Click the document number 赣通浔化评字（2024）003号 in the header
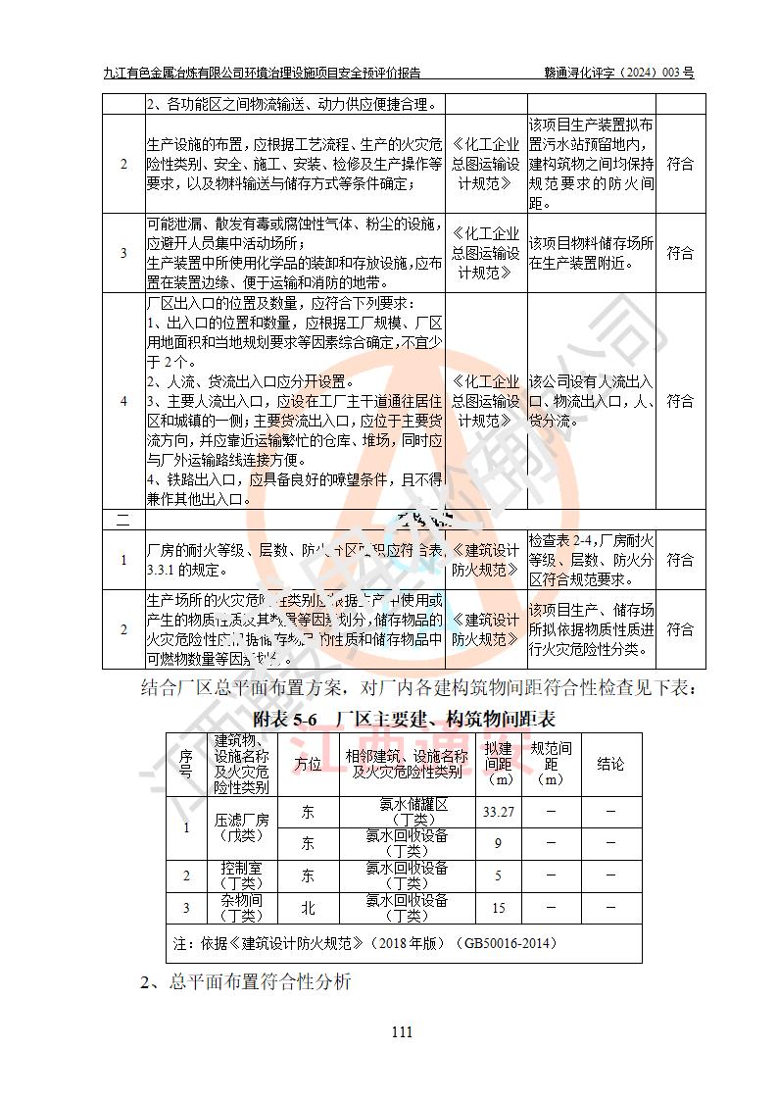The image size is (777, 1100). point(619,73)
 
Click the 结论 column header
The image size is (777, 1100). point(609,764)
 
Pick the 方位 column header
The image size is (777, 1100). point(308,764)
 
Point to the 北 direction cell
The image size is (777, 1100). point(308,908)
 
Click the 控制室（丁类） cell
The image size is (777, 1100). point(241,875)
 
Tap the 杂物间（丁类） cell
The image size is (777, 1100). point(241,908)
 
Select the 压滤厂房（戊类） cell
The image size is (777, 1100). point(241,826)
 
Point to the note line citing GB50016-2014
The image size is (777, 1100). point(364,943)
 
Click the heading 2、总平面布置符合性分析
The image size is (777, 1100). point(245,981)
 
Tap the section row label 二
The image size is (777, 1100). point(123,517)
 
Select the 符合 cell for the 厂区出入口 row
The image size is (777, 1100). point(680,401)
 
